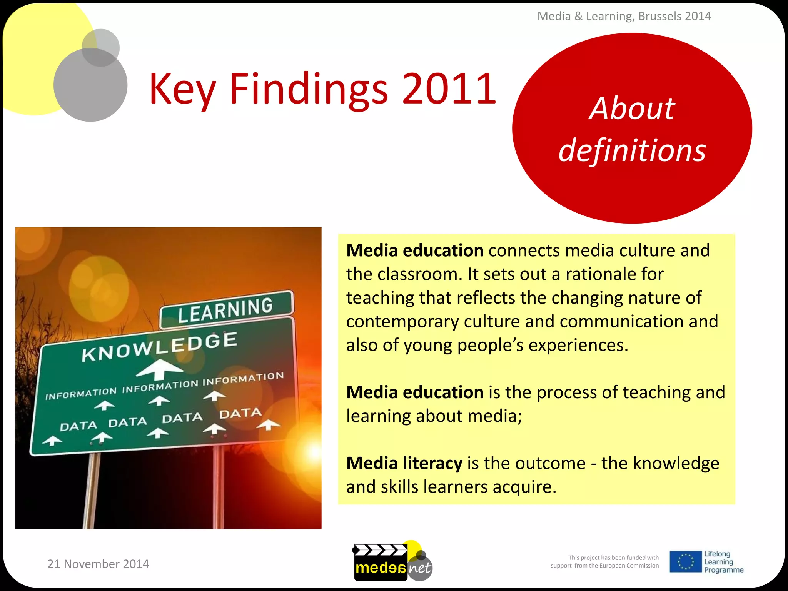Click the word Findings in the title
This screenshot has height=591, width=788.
309,89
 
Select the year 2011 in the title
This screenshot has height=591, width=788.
449,89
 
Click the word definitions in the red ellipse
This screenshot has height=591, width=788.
632,150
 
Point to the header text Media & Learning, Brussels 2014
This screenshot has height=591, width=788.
624,16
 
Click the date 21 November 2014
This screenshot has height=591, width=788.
98,564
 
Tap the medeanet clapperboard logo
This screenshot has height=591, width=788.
392,561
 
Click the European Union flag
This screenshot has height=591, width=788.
685,561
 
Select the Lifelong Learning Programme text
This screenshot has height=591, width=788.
723,562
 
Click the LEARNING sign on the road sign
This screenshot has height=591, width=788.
226,310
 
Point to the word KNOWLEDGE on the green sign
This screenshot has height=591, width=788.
159,347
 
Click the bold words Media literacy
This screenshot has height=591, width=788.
404,463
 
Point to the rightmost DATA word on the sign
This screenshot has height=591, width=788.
240,414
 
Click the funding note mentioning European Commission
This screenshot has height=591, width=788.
605,562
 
